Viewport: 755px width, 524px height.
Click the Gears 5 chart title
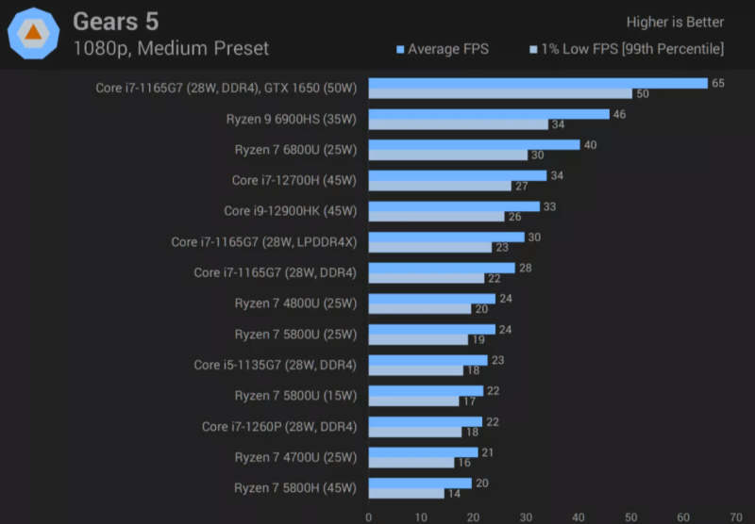[x=116, y=21]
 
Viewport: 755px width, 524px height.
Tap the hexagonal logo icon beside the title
[x=33, y=32]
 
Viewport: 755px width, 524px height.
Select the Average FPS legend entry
[x=443, y=49]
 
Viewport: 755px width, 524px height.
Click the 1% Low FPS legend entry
[x=627, y=49]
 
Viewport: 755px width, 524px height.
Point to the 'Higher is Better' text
[x=675, y=22]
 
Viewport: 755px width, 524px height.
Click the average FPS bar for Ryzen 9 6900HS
[x=489, y=114]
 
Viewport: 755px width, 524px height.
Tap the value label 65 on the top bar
[x=718, y=83]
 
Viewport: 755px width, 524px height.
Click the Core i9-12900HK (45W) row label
[x=291, y=211]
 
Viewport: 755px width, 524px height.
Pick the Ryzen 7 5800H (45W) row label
[x=295, y=488]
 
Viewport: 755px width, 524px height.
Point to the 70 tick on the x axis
[x=735, y=516]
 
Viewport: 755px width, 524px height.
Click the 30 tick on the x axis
[x=526, y=516]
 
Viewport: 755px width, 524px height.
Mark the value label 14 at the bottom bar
[x=455, y=493]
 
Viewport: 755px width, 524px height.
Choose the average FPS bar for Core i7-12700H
[x=458, y=175]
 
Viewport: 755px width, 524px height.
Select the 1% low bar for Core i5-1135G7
[x=416, y=370]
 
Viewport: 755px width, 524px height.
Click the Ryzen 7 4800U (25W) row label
[x=295, y=303]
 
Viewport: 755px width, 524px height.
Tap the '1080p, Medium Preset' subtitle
[x=171, y=48]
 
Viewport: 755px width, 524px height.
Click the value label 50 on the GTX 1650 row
[x=643, y=93]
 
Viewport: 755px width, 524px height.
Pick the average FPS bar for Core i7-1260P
[x=426, y=421]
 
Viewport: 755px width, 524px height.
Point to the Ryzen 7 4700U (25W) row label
[x=295, y=457]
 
